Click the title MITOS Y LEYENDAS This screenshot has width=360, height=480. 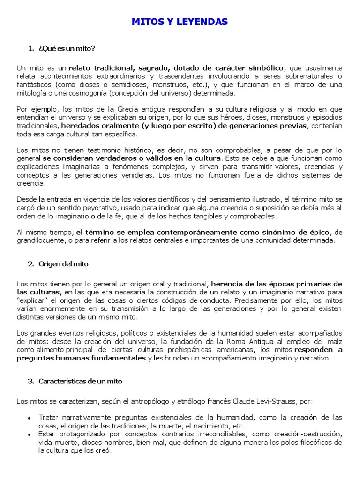180,22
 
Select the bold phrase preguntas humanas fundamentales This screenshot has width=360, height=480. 81,358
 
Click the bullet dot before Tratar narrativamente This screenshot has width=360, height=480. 30,418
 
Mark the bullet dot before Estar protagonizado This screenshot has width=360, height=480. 30,435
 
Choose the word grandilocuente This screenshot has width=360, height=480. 39,240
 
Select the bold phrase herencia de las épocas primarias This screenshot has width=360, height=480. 271,284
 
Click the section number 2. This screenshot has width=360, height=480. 30,264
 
